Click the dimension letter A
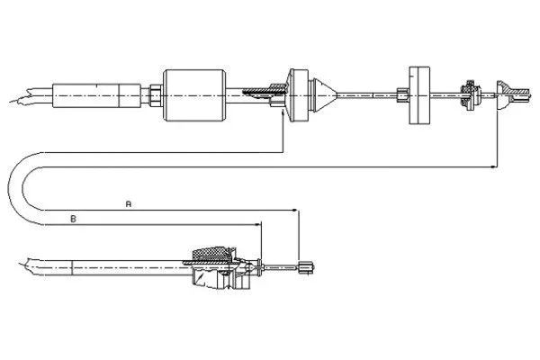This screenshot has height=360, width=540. (x=129, y=205)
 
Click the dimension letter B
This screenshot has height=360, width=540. (x=74, y=219)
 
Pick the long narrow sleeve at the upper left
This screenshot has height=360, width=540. (x=94, y=93)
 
